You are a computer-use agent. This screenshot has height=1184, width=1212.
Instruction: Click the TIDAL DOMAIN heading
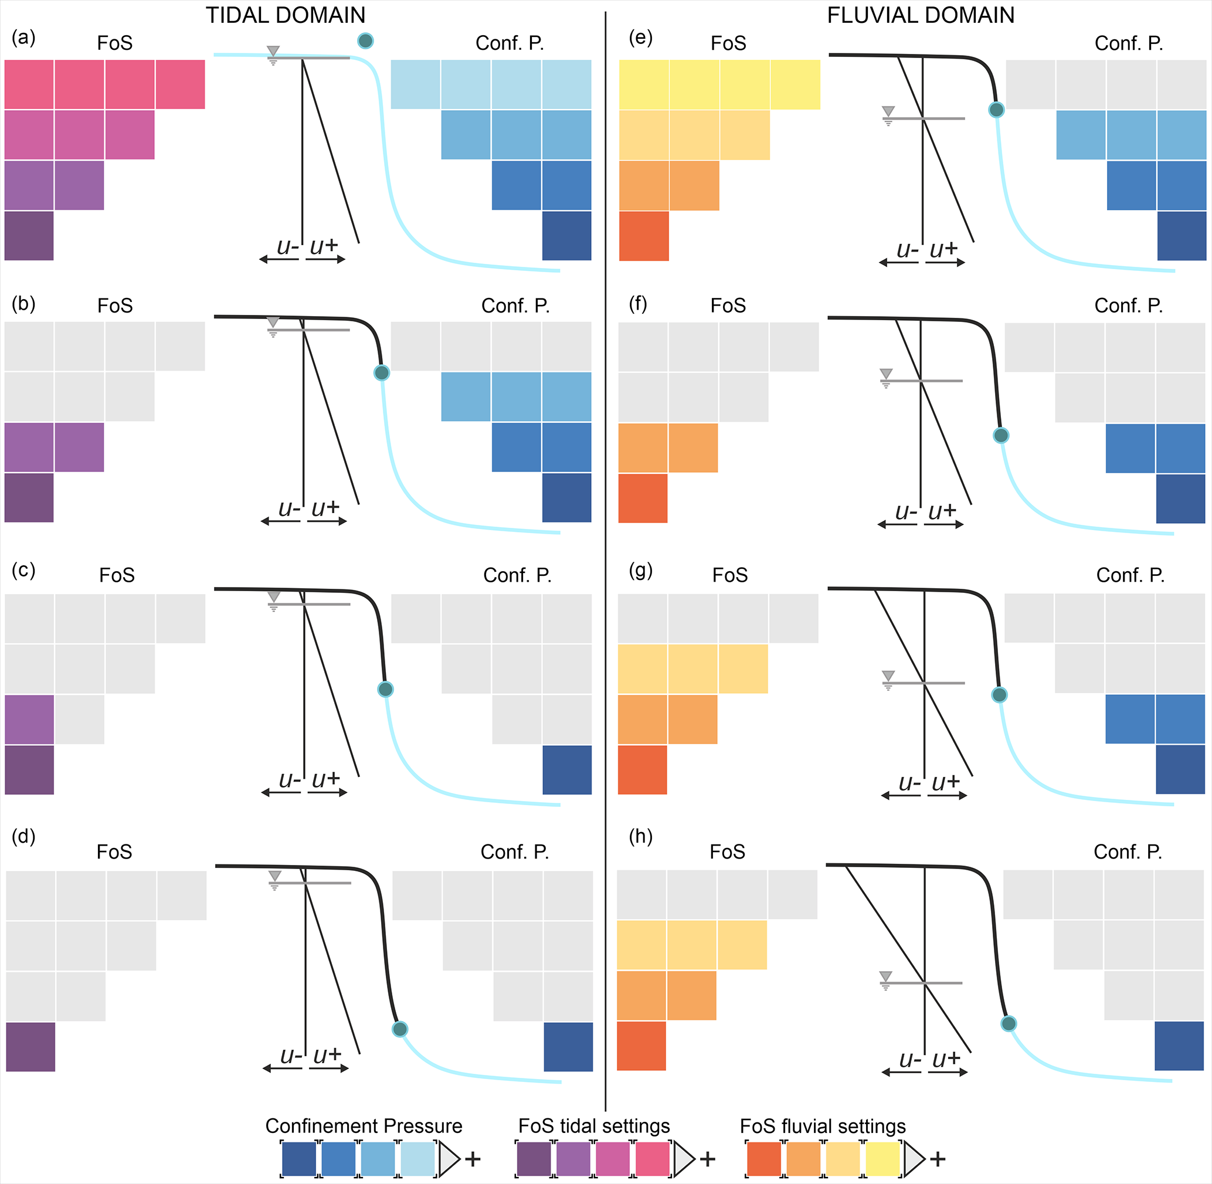pyautogui.click(x=286, y=15)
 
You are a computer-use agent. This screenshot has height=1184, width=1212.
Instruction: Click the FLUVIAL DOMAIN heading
pyautogui.click(x=921, y=15)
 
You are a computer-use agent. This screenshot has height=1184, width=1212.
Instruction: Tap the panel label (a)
pyautogui.click(x=23, y=38)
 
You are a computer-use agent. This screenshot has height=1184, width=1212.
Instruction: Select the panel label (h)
pyautogui.click(x=640, y=836)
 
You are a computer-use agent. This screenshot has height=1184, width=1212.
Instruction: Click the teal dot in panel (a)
pyautogui.click(x=366, y=41)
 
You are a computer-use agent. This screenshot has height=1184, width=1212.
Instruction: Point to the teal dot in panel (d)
pyautogui.click(x=400, y=1029)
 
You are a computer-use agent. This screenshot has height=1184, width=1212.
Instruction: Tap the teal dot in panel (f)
pyautogui.click(x=1000, y=435)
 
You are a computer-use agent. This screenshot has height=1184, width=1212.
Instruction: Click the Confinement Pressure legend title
pyautogui.click(x=364, y=1125)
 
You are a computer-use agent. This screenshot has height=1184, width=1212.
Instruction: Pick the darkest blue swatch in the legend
pyautogui.click(x=299, y=1159)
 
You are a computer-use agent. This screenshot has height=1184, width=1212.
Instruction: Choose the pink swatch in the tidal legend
pyautogui.click(x=651, y=1159)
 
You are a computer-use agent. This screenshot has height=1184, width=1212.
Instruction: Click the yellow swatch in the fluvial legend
pyautogui.click(x=882, y=1159)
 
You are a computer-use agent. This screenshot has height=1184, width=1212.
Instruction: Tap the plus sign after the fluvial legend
pyautogui.click(x=937, y=1159)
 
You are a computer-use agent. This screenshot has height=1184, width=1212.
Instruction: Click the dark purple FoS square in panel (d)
pyautogui.click(x=30, y=1047)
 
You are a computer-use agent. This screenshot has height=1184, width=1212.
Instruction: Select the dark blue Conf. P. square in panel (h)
pyautogui.click(x=1179, y=1046)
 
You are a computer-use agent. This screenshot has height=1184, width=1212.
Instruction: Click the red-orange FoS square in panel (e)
pyautogui.click(x=644, y=236)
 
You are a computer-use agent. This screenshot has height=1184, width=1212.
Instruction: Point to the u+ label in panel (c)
pyautogui.click(x=326, y=779)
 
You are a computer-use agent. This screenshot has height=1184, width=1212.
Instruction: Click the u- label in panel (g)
pyautogui.click(x=910, y=783)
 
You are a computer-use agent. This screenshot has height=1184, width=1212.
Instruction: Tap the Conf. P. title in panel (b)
pyautogui.click(x=515, y=306)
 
